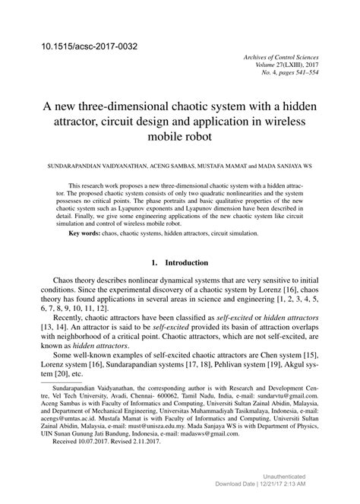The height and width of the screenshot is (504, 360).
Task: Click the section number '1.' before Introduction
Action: pyautogui.click(x=156, y=262)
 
